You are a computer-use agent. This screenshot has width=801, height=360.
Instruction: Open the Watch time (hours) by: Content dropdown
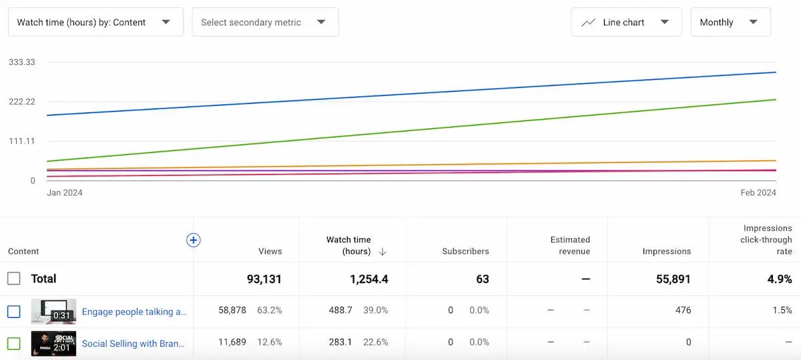click(x=95, y=22)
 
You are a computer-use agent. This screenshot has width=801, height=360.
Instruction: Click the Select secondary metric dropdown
click(x=265, y=22)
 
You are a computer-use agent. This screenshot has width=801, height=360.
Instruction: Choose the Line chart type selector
click(x=625, y=22)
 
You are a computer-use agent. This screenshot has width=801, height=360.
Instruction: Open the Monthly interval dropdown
click(x=730, y=22)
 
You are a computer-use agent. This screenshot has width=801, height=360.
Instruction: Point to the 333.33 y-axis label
click(x=22, y=62)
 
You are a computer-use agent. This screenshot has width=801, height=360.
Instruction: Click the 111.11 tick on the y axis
click(x=22, y=141)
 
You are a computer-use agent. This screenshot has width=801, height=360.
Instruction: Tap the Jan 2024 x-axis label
click(x=65, y=192)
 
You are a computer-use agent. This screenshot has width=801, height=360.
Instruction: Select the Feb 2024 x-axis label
click(x=758, y=192)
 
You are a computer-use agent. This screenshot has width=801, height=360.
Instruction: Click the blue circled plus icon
click(x=194, y=240)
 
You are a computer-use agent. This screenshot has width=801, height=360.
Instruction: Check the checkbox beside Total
click(x=14, y=279)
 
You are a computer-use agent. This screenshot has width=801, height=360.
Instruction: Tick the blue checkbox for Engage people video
click(x=14, y=311)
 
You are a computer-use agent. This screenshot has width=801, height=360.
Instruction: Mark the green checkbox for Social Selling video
click(x=14, y=344)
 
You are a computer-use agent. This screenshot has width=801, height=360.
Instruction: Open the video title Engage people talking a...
click(x=134, y=311)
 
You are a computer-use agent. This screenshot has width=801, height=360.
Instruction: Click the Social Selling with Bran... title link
click(x=133, y=344)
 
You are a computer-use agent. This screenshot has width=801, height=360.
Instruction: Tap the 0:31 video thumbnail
click(x=53, y=311)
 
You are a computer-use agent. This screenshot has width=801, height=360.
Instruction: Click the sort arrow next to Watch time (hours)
click(x=382, y=252)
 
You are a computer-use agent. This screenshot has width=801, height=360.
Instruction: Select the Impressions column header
click(x=666, y=251)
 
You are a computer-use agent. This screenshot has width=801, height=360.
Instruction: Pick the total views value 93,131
click(x=264, y=279)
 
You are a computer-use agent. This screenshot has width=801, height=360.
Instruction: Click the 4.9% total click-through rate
click(x=779, y=279)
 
